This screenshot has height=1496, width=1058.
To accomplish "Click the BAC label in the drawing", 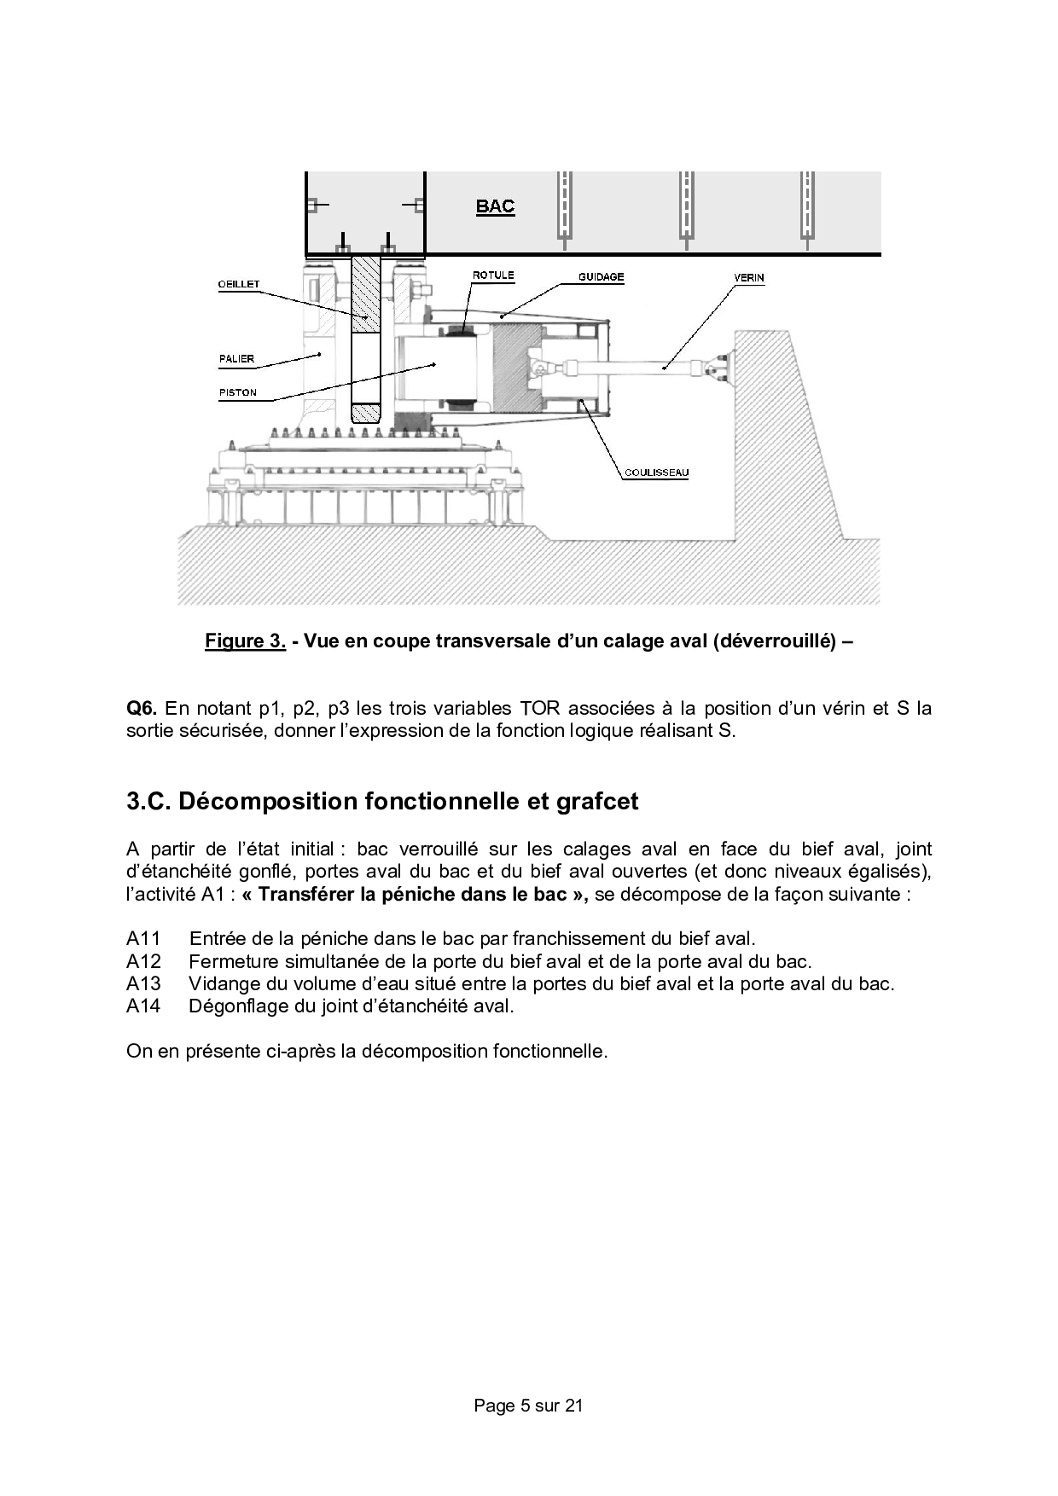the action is [495, 206].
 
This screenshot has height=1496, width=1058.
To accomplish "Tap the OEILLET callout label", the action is [239, 284].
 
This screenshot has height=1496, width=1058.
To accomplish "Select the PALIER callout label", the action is [236, 359].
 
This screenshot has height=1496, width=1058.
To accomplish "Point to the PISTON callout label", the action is [237, 393].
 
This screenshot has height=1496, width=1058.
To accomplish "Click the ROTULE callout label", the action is [493, 275].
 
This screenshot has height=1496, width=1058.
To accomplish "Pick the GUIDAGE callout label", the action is [602, 277].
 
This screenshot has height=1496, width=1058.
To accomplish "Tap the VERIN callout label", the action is [749, 278].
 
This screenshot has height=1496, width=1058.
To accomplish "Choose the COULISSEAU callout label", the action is [656, 473].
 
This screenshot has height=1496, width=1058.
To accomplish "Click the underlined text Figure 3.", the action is [245, 641].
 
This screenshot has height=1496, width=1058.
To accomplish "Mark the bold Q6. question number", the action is [142, 709].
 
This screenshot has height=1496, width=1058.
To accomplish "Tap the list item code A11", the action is [143, 939].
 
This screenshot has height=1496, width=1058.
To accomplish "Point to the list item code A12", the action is [143, 961].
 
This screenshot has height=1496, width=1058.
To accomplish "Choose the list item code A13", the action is [143, 983].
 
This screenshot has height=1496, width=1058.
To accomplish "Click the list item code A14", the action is [143, 1006].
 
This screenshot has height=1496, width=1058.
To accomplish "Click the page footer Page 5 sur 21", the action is [528, 1406].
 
